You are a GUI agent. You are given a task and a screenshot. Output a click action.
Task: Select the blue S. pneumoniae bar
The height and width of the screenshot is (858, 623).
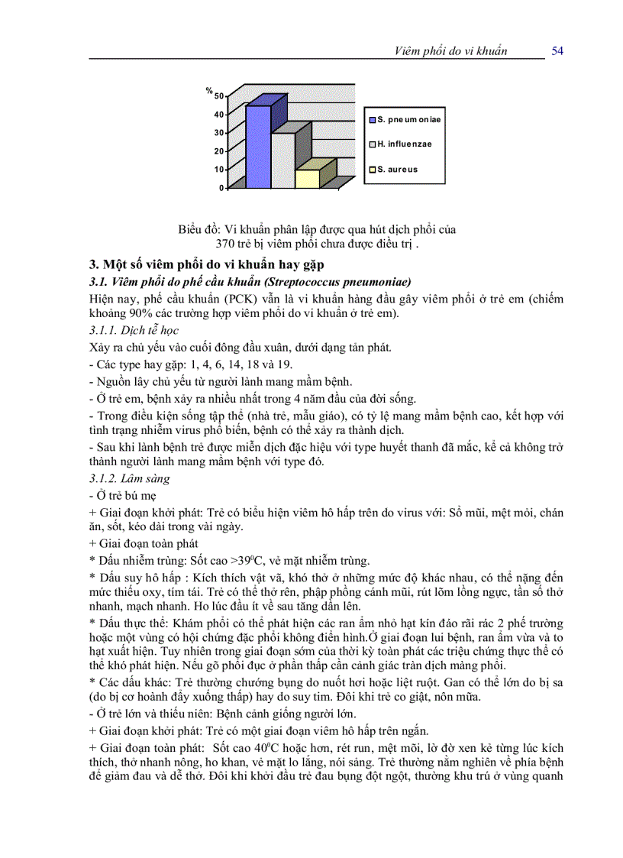click(x=258, y=145)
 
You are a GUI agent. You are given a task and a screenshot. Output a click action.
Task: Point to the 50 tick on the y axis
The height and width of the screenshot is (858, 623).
click(x=218, y=96)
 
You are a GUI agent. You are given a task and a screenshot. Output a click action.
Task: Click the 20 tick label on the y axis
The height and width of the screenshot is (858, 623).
click(x=218, y=151)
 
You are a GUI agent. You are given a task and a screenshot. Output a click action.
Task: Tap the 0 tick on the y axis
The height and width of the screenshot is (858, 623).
click(x=221, y=188)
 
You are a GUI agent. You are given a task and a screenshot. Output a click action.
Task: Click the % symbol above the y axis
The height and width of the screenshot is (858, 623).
click(x=208, y=90)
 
